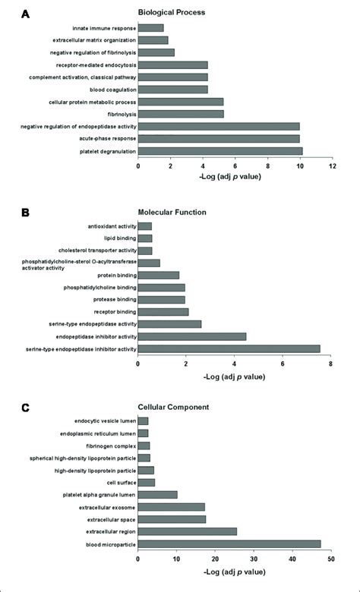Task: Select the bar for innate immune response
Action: (150, 28)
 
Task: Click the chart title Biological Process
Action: (172, 13)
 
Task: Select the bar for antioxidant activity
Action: (144, 226)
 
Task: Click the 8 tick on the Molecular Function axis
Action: (331, 363)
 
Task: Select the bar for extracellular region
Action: (187, 531)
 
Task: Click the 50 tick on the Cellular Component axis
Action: (331, 559)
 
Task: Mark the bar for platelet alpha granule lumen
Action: (157, 494)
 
